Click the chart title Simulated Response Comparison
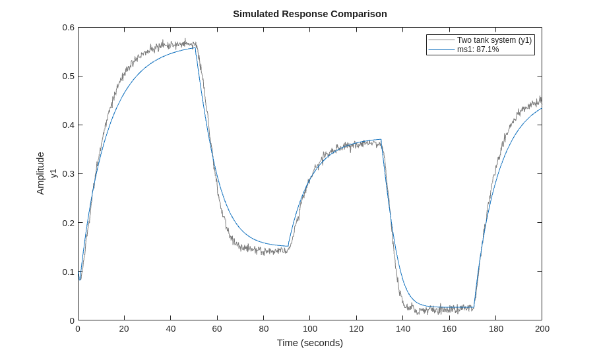coord(309,14)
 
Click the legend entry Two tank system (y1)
coord(493,40)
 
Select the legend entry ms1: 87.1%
coord(478,49)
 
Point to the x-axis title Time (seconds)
coord(309,343)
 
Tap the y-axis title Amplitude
coord(40,173)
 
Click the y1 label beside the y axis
coord(54,173)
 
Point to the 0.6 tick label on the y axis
coord(69,28)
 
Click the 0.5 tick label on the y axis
coord(69,76)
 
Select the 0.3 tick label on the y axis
coord(69,174)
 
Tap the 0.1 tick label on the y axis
coord(69,272)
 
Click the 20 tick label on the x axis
coord(124,329)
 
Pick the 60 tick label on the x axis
coord(217,329)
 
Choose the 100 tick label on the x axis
coord(310,329)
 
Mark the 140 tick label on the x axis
coord(403,329)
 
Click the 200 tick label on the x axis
coord(542,329)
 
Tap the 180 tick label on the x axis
coord(496,329)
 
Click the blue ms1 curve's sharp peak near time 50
coord(196,47)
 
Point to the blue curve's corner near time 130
coord(381,140)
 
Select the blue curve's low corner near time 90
coord(288,246)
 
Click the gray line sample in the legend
coord(441,40)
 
